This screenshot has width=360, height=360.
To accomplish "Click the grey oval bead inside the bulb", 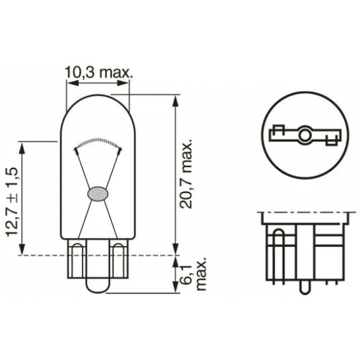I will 97,192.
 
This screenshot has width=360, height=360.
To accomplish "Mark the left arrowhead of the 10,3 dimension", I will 68,84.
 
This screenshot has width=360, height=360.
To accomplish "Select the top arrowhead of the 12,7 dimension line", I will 24,145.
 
